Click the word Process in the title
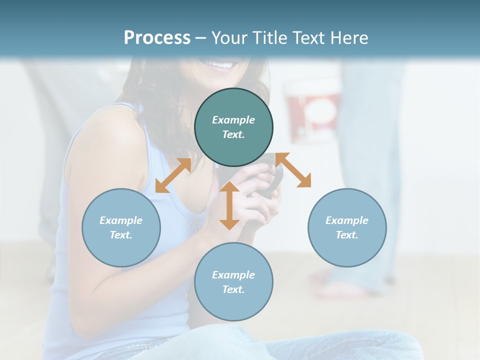coord(157,38)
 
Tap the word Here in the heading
coord(348,38)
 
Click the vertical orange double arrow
coord(229,205)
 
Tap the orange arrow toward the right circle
coord(293,170)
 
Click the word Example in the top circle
coord(233,120)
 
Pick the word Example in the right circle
coord(347,220)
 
